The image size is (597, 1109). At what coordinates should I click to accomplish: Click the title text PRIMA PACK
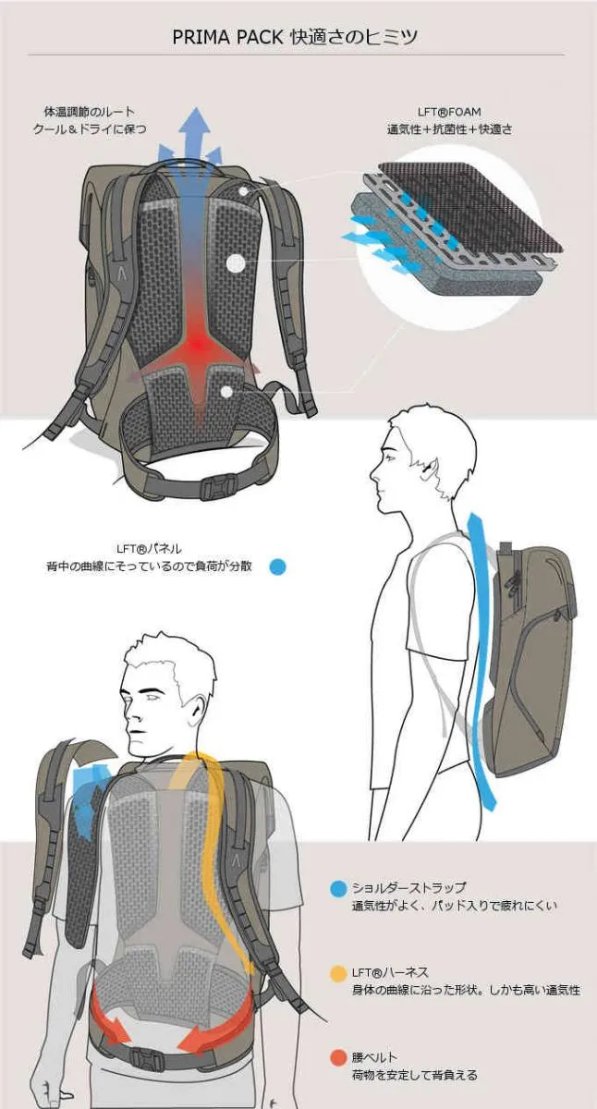tap(227, 37)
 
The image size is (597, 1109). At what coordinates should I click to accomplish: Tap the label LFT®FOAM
tap(449, 112)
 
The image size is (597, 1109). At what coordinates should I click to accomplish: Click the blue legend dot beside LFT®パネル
tap(278, 567)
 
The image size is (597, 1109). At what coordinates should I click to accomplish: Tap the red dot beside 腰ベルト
tap(338, 1058)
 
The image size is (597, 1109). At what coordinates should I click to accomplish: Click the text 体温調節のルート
tap(90, 112)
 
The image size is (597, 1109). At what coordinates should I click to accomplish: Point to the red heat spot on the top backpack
tap(199, 343)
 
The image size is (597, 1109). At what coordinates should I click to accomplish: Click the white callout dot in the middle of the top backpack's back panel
tap(236, 262)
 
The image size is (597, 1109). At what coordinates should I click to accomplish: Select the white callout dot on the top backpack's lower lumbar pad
tap(226, 392)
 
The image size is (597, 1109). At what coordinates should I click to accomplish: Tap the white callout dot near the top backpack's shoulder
tap(242, 190)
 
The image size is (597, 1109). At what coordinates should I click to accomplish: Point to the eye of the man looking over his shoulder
tap(151, 696)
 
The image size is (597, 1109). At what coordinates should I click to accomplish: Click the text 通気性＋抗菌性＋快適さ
tap(449, 129)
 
